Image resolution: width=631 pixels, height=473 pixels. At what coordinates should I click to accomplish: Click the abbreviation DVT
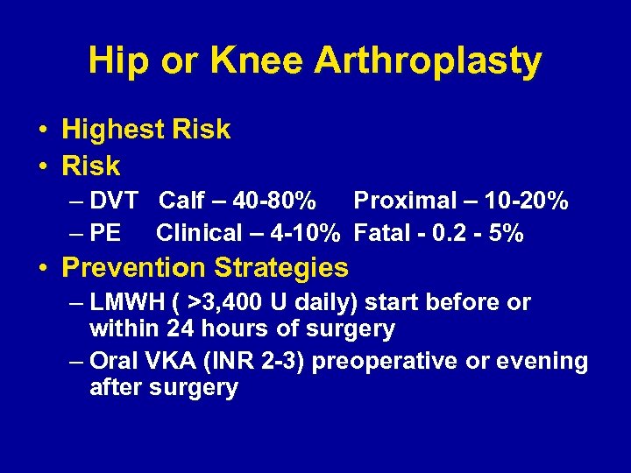point(114,201)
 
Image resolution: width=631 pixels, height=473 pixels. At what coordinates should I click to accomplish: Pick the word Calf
point(181,201)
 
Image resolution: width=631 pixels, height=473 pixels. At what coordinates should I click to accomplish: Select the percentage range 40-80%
point(276,201)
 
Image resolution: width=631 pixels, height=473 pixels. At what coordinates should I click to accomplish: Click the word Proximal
point(401,201)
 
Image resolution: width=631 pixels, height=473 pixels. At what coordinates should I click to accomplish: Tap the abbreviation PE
point(106,233)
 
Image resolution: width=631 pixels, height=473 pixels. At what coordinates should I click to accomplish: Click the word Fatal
point(383,233)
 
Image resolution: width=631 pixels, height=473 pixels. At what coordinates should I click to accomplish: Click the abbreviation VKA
point(165,362)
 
